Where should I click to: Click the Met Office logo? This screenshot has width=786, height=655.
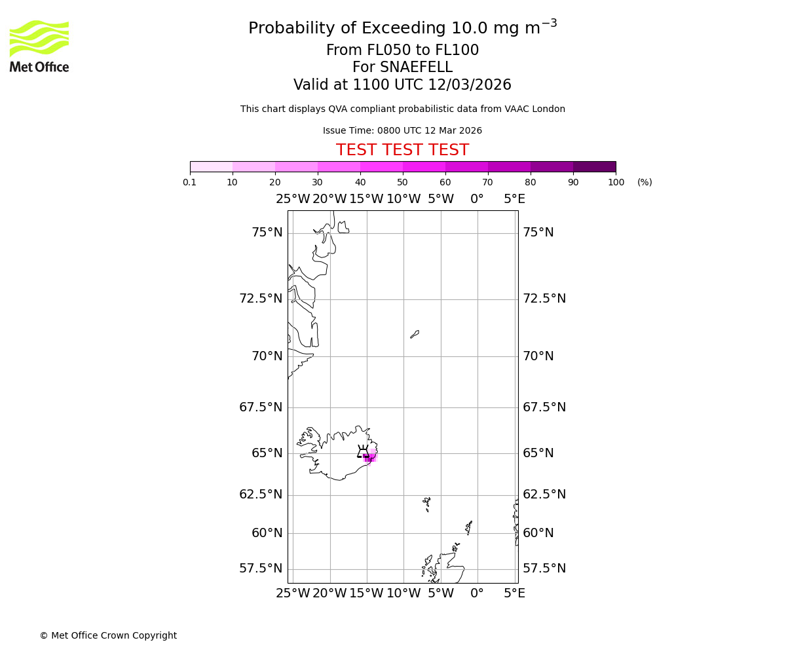(x=39, y=46)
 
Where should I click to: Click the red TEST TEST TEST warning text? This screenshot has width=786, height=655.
(x=402, y=150)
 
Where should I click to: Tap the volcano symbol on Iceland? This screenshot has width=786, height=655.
(x=362, y=451)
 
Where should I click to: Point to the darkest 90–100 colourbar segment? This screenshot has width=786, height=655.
(x=594, y=166)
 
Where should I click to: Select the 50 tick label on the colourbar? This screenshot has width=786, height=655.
(x=402, y=182)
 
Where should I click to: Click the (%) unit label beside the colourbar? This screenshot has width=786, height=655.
(x=645, y=182)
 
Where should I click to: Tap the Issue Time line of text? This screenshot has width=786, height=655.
(x=402, y=131)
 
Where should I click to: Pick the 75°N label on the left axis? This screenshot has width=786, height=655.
(x=267, y=233)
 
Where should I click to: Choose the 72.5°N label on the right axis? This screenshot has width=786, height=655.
(x=544, y=299)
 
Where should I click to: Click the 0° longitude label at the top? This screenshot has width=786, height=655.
(x=477, y=199)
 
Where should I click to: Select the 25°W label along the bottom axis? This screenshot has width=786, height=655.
(x=293, y=593)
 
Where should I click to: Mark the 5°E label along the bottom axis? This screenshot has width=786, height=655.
(x=514, y=593)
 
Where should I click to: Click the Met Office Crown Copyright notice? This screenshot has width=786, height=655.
(x=108, y=635)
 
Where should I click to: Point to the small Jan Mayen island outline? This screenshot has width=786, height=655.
(x=415, y=334)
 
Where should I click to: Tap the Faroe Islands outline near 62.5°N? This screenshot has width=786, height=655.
(x=427, y=503)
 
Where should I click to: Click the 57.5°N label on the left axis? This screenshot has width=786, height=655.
(x=261, y=569)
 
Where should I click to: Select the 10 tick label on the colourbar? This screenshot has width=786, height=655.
(x=232, y=182)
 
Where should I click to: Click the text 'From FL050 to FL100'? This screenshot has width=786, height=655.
(x=402, y=50)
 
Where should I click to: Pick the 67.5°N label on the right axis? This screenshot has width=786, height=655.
(x=544, y=407)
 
